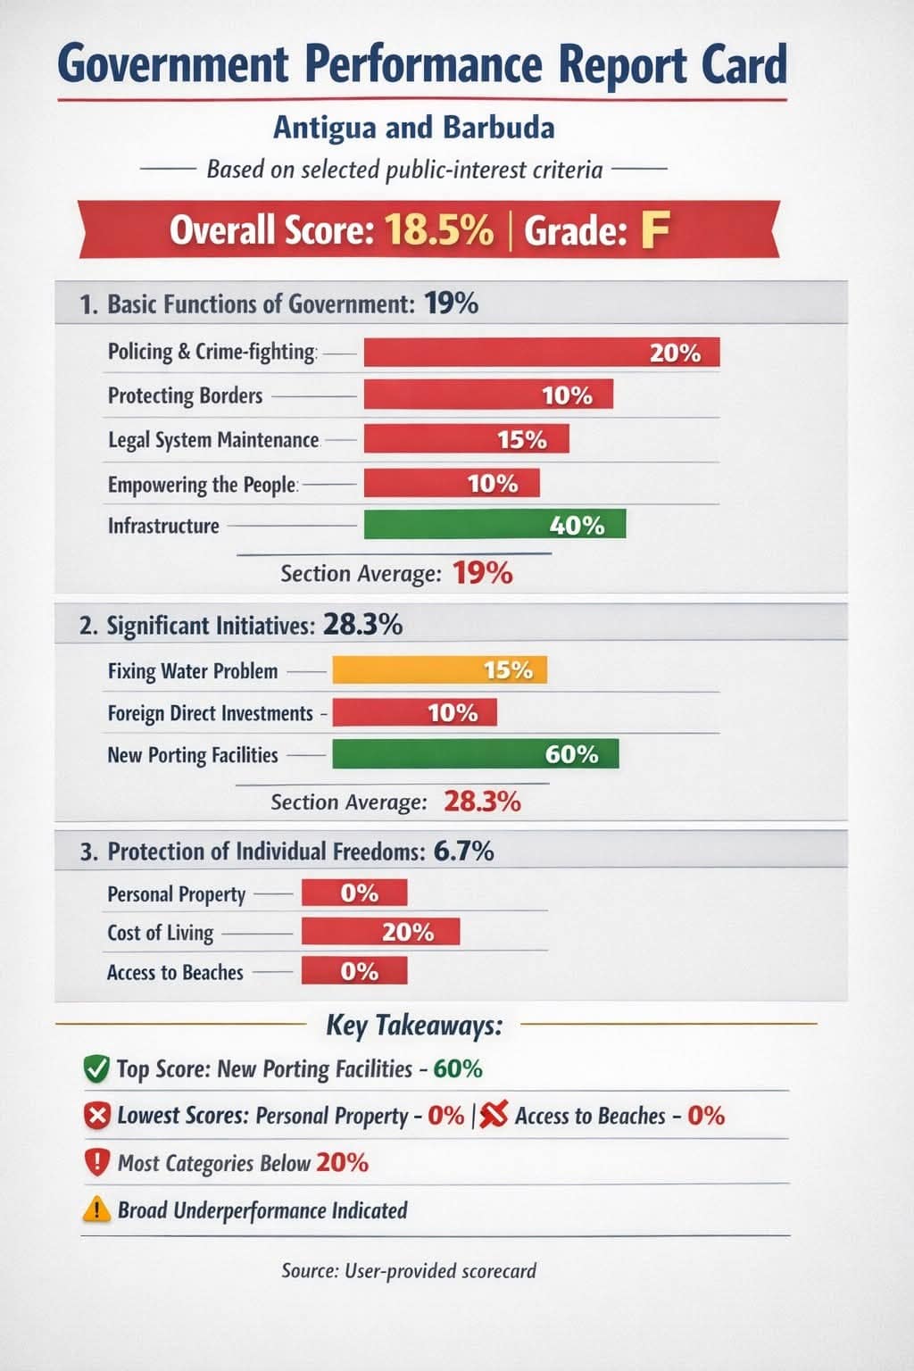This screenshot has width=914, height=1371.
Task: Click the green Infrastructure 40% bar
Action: tap(494, 525)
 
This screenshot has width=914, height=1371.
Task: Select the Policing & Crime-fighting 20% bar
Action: tap(541, 353)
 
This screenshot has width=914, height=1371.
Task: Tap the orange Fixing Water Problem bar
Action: tap(439, 670)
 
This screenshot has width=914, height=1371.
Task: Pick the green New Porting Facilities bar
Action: tap(475, 754)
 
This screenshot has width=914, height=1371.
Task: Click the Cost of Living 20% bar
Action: tap(380, 932)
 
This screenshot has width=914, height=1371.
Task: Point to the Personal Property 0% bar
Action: tap(354, 893)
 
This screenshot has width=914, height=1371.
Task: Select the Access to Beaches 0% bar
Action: tap(354, 971)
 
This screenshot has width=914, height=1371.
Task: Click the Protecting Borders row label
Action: tap(185, 395)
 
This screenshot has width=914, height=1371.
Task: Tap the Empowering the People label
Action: tap(202, 485)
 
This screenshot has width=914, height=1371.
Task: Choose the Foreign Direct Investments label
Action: tap(210, 713)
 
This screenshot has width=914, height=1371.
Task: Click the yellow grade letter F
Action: tap(654, 230)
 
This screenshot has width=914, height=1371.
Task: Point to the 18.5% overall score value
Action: tap(439, 230)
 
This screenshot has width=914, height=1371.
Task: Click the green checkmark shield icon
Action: tap(96, 1068)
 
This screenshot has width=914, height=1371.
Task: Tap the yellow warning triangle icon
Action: tap(96, 1210)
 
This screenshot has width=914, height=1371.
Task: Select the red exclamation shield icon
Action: tap(96, 1163)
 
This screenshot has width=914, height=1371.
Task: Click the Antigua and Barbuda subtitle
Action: tap(413, 128)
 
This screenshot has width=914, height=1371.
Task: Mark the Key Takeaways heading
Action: tap(414, 1025)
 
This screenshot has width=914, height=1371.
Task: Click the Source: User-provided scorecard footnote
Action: tap(409, 1270)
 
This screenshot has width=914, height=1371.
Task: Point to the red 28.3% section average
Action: tap(482, 802)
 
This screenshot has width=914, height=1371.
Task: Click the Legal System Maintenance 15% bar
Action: tap(466, 439)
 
